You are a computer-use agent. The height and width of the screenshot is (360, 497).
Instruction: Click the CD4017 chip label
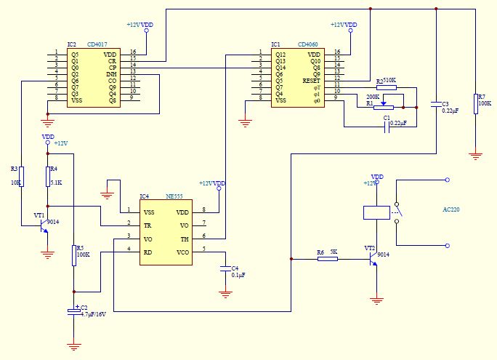coord(102,44)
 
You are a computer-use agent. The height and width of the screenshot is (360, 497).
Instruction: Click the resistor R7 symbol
coord(476,104)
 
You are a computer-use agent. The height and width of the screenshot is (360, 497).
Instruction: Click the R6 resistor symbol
coord(328,258)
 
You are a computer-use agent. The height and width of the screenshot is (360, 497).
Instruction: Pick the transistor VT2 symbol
coord(373,259)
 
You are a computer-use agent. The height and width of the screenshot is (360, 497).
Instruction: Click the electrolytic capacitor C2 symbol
coord(73,311)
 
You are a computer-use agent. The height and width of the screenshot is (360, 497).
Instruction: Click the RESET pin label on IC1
coord(311,81)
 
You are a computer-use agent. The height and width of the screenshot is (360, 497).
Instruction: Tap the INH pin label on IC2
coord(110,74)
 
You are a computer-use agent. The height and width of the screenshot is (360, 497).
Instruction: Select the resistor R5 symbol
coord(73,255)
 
